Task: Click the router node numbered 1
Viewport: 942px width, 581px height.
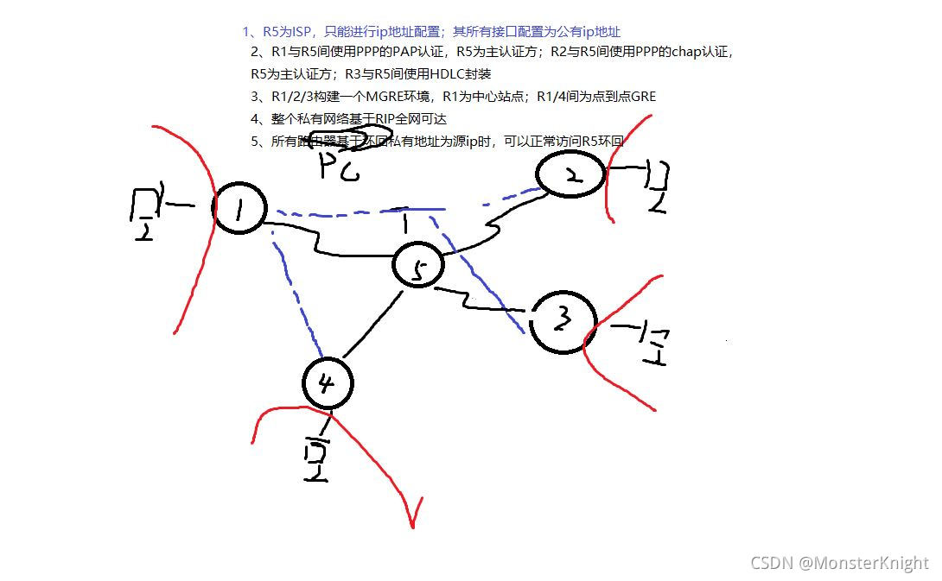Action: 239,208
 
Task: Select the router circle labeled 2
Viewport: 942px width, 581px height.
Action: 570,175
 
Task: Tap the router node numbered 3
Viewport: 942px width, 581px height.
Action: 563,321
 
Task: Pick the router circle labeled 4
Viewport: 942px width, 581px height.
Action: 328,382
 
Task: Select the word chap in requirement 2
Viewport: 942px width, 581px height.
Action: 687,52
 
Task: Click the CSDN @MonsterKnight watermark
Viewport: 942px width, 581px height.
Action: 839,563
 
